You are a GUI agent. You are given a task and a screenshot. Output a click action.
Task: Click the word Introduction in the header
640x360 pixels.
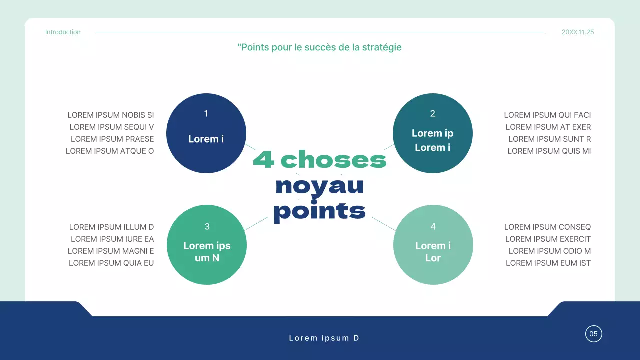pos(63,32)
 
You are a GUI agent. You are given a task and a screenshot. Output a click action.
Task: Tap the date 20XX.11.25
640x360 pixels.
pos(578,32)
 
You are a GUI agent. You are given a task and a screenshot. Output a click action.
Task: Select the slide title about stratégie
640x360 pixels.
pos(320,47)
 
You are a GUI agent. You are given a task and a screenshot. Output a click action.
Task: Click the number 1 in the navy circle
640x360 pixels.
pos(206,114)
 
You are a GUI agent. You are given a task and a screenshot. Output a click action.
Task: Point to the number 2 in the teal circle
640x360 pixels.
pos(433,114)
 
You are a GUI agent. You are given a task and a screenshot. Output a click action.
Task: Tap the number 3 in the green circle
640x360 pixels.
pos(207,227)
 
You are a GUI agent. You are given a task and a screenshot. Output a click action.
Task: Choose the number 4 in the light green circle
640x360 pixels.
pos(433,227)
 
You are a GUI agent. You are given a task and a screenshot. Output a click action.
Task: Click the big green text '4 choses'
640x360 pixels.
pos(320,160)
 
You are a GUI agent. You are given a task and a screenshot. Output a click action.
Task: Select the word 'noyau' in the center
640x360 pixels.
pos(320,186)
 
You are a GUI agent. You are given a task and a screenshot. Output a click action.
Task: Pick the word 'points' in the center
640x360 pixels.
pos(320,211)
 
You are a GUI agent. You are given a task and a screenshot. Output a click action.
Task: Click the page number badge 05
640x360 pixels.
pos(594,334)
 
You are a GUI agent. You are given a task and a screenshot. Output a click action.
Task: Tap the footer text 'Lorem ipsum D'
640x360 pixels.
pos(324,338)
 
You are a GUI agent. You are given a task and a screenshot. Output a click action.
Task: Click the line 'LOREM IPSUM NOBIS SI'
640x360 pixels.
pos(111,115)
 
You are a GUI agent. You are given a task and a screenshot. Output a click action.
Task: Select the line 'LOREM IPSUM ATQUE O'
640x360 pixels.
pos(110,151)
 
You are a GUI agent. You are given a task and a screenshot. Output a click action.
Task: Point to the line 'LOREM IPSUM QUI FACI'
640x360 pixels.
pos(547,115)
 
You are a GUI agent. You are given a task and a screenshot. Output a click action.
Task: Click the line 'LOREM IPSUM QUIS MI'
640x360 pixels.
pos(549,151)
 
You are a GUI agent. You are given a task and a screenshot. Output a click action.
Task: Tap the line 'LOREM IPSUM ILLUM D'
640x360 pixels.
pos(111,227)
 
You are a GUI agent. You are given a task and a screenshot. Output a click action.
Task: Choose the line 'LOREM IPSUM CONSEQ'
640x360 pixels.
pos(547,227)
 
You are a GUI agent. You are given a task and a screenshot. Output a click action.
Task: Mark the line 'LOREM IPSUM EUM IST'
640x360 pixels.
pos(548,263)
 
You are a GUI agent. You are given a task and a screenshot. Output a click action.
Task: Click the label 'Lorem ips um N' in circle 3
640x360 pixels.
pos(207,252)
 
